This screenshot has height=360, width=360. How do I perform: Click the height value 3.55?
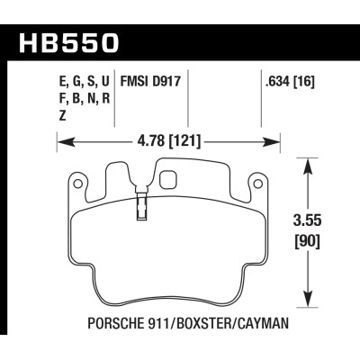(x=310, y=220)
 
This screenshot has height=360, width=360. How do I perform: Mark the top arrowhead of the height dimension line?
(x=310, y=161)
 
